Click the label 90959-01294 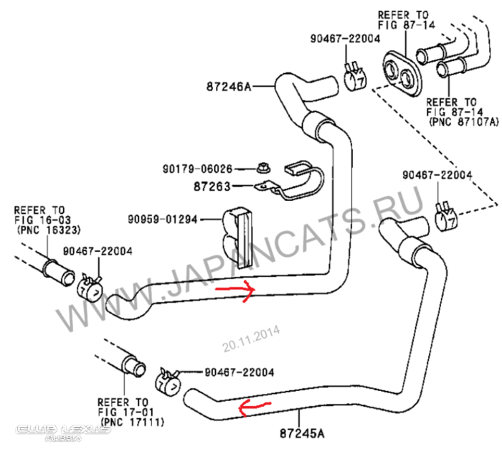166,218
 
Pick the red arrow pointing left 254,408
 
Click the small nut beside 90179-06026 260,170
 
